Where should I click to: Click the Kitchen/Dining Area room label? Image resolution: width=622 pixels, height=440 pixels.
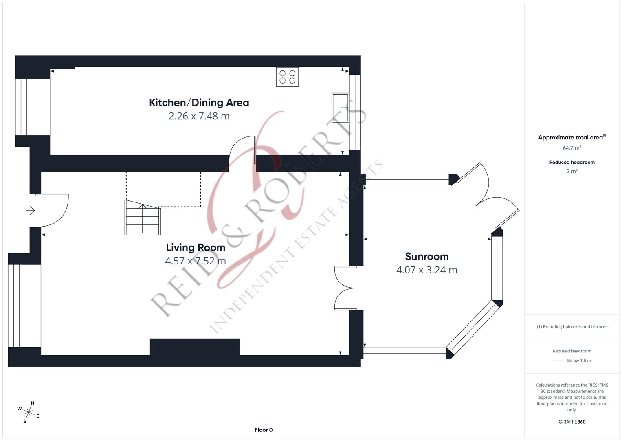(x=199, y=103)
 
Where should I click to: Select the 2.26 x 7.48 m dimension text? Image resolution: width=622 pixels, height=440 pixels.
(x=199, y=116)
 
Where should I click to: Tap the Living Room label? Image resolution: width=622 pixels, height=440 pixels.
(x=196, y=248)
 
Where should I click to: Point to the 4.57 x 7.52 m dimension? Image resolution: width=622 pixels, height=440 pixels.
(x=196, y=261)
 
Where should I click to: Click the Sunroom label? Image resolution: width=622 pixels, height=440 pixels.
(x=426, y=257)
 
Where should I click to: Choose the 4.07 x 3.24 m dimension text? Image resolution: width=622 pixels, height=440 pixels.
(x=426, y=270)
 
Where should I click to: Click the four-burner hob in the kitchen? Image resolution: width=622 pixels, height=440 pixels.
(x=287, y=77)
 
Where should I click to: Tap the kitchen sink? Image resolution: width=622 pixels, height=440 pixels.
(x=341, y=108)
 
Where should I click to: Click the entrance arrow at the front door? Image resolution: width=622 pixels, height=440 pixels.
(x=31, y=211)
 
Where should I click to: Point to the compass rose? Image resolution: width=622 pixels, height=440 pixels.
(x=29, y=412)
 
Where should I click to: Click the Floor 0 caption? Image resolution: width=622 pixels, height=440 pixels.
(x=264, y=430)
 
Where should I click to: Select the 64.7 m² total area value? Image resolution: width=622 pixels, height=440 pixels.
(x=572, y=148)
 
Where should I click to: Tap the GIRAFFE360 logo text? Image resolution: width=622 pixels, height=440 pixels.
(x=572, y=422)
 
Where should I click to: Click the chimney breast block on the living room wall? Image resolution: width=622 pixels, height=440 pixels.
(x=195, y=347)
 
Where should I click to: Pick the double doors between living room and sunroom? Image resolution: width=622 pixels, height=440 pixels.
(x=345, y=288)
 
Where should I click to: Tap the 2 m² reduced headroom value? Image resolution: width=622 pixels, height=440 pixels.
(x=572, y=172)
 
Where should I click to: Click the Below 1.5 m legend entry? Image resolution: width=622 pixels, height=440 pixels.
(x=578, y=361)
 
